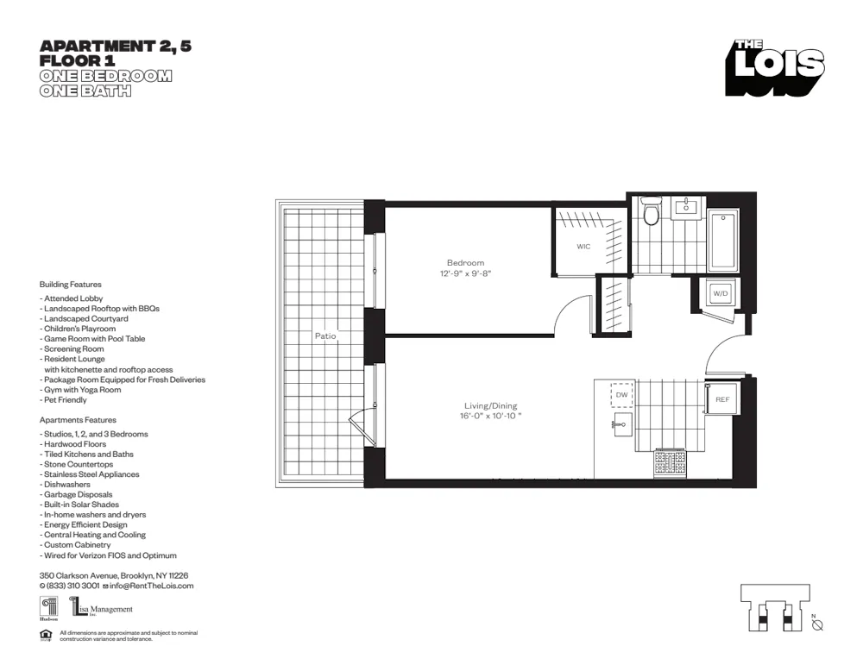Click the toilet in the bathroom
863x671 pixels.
[652, 211]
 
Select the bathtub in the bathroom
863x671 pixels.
[722, 239]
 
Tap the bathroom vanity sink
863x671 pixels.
[688, 208]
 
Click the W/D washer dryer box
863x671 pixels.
[720, 293]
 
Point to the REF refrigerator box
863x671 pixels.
[722, 399]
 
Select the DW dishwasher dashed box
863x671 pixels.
[621, 395]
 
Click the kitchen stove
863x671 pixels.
[671, 463]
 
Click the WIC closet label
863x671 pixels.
[583, 247]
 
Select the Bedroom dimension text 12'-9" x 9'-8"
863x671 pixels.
[465, 273]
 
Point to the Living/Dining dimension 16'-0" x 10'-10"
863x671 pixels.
[491, 416]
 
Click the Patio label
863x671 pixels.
[325, 335]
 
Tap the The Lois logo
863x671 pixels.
[774, 67]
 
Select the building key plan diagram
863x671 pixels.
[774, 608]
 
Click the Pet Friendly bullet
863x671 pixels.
[64, 400]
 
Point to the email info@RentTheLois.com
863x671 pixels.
[151, 586]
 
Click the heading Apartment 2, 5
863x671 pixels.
[116, 47]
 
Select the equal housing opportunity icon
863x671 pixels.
[46, 636]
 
